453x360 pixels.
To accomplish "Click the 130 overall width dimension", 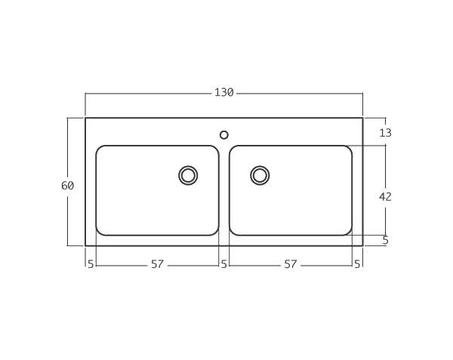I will [x=223, y=93].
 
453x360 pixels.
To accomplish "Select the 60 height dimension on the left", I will [x=67, y=186].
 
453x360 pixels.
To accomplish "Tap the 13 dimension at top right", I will [x=385, y=133].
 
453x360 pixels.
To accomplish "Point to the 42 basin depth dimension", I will [x=385, y=196].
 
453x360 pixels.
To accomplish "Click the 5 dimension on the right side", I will [x=385, y=241].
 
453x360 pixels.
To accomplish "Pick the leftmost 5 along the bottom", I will [x=91, y=264].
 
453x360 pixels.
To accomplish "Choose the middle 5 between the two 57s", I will [x=223, y=264].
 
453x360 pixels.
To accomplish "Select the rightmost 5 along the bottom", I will [x=357, y=264].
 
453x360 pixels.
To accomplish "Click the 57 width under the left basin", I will [x=157, y=264].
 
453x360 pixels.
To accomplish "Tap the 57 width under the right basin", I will [x=291, y=264].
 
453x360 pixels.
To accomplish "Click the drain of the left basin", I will [x=188, y=175].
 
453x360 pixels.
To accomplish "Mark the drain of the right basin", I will [x=260, y=175].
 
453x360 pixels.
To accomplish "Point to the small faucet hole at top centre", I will [x=223, y=135].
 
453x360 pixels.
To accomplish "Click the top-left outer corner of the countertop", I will [x=85, y=118].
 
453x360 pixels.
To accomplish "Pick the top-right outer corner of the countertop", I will [x=362, y=118].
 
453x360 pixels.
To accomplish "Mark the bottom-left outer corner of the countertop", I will [x=85, y=245].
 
